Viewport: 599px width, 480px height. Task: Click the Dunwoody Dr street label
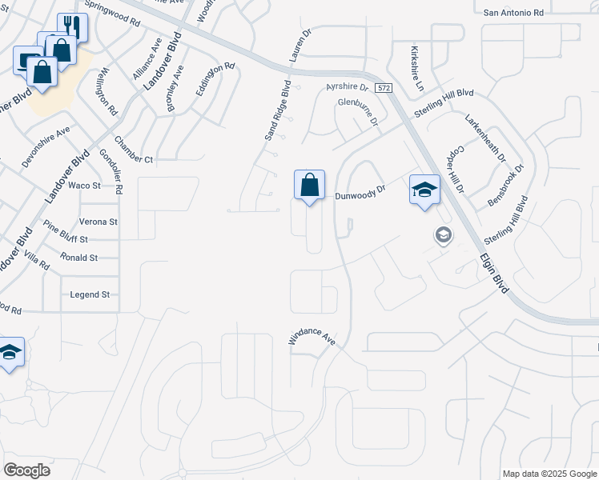[x=360, y=192]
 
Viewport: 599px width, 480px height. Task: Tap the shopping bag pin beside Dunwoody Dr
[x=309, y=186]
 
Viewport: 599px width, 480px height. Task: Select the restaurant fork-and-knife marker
[x=71, y=26]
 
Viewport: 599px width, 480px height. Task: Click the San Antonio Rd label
[x=514, y=12]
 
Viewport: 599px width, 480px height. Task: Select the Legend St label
[x=90, y=294]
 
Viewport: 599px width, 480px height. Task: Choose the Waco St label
[x=84, y=186]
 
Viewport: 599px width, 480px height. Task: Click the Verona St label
[x=98, y=222]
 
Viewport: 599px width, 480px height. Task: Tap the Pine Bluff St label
[x=66, y=232]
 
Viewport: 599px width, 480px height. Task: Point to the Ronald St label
[x=78, y=258]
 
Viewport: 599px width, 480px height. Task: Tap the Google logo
[x=26, y=470]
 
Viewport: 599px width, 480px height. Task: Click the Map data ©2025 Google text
[x=549, y=474]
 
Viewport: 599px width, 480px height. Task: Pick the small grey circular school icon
[x=442, y=235]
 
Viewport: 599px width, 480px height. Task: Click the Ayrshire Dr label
[x=347, y=86]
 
